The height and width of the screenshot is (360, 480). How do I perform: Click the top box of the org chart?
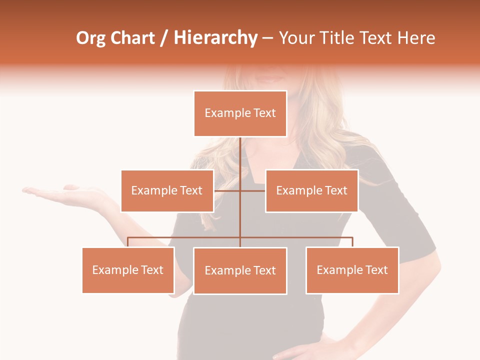(240, 113)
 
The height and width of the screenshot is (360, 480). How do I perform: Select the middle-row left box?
(167, 190)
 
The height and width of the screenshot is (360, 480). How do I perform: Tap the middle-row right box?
(311, 190)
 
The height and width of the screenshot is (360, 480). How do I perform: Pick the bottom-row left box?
(128, 270)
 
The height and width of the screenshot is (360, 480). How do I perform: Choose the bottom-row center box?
(240, 270)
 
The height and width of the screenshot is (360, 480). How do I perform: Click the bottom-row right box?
(352, 270)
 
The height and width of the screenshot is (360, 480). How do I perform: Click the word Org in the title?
(90, 38)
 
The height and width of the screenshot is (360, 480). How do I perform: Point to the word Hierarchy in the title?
(215, 38)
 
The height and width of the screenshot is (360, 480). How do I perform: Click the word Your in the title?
(296, 38)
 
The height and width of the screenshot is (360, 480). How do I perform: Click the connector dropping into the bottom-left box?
(128, 242)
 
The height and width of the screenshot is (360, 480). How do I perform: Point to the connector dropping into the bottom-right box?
(352, 242)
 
